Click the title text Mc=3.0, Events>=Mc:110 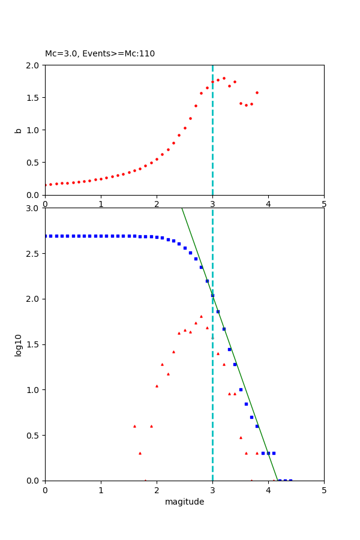click(x=100, y=54)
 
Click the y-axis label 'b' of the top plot click(x=18, y=130)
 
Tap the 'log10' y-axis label click(x=18, y=345)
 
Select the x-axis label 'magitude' click(x=184, y=502)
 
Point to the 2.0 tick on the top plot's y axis click(x=35, y=65)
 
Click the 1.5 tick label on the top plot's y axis click(x=35, y=98)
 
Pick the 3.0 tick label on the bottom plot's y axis click(x=35, y=208)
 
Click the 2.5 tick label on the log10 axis click(x=35, y=254)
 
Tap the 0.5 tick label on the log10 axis click(x=35, y=436)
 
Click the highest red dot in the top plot click(x=224, y=78)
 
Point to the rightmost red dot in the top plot click(x=257, y=92)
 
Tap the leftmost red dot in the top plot click(x=46, y=185)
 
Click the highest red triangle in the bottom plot click(x=201, y=316)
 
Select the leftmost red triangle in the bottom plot click(x=134, y=426)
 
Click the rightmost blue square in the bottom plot click(x=290, y=480)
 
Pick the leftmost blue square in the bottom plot click(x=46, y=236)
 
